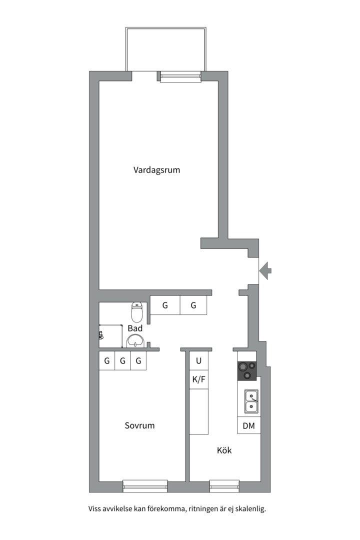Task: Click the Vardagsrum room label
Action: (x=156, y=170)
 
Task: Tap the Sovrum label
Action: (x=139, y=426)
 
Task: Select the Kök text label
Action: (x=224, y=450)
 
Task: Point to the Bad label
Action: (x=135, y=328)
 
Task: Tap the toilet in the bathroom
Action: (x=137, y=312)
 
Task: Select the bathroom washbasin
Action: (x=135, y=341)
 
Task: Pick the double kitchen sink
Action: (x=251, y=402)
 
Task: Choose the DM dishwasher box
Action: (x=249, y=426)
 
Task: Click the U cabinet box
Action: (x=198, y=360)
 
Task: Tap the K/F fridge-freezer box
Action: (x=198, y=379)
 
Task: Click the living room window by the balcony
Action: (x=180, y=76)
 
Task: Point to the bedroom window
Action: (x=145, y=485)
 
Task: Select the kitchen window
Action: (x=224, y=485)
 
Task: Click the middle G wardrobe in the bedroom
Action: (x=122, y=360)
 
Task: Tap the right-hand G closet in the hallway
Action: (x=193, y=305)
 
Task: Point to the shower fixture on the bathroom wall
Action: (x=101, y=334)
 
